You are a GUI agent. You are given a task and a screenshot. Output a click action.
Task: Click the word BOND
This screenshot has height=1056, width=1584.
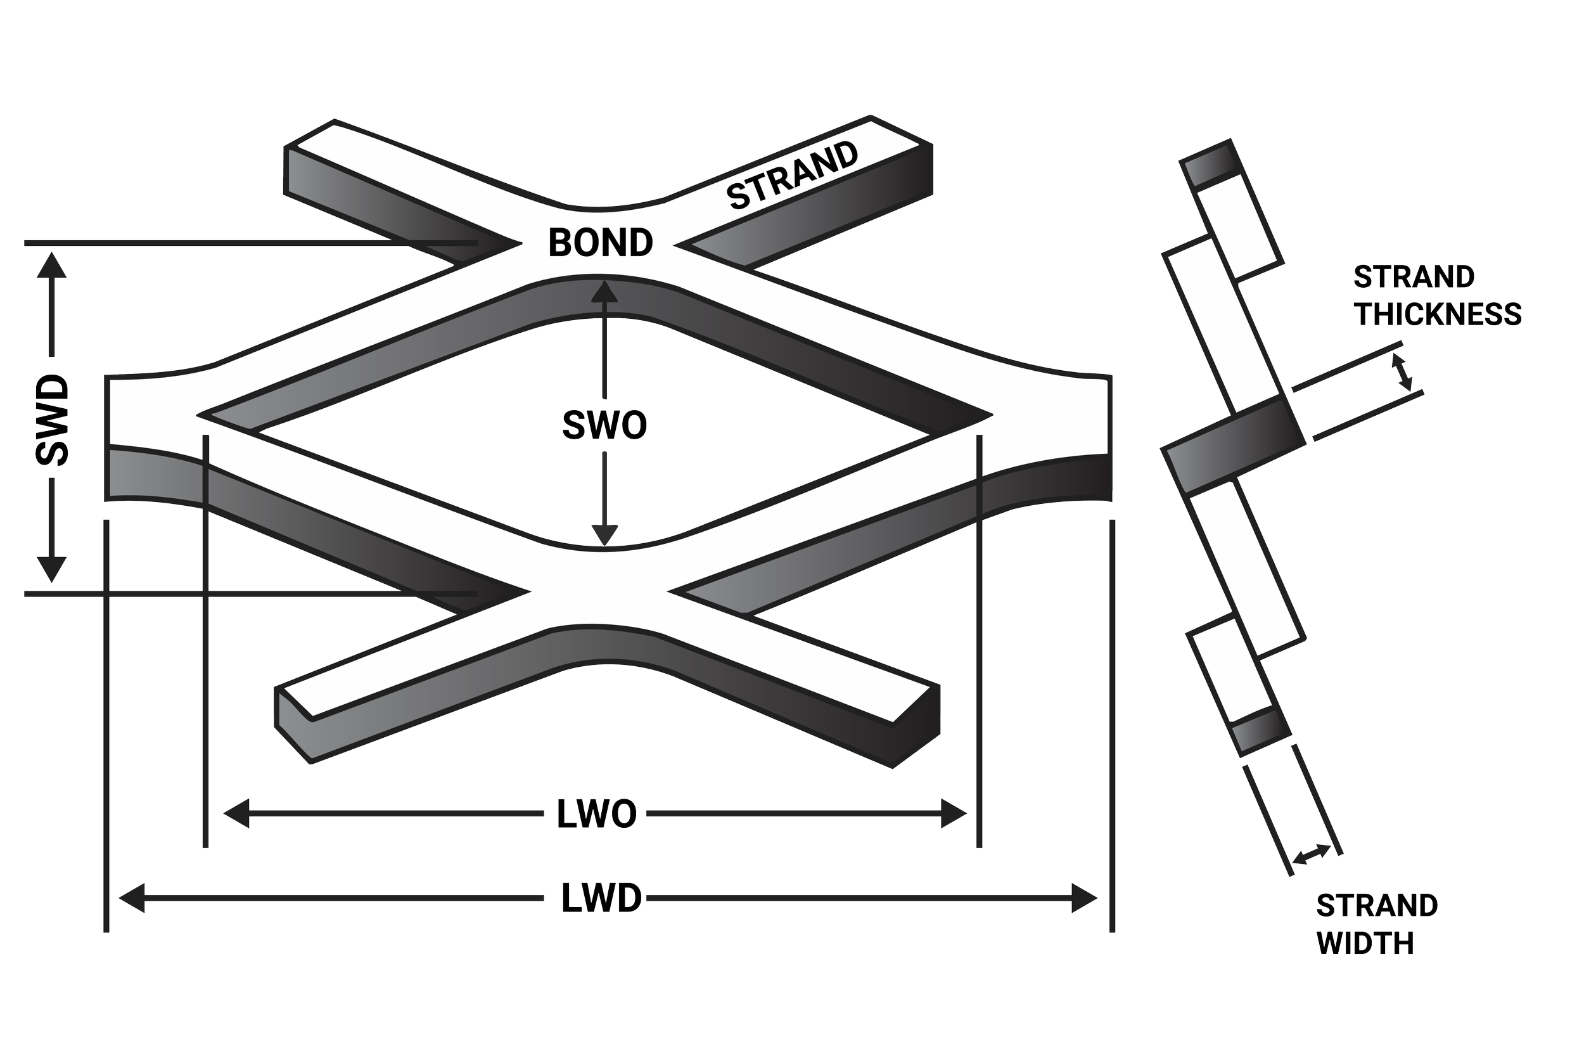(x=601, y=243)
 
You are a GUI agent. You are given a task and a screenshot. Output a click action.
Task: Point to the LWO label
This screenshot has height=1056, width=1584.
(x=596, y=815)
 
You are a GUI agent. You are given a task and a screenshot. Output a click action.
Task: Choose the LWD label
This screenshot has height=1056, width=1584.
(x=601, y=901)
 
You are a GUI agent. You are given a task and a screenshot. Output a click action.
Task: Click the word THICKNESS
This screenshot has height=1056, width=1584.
(x=1438, y=314)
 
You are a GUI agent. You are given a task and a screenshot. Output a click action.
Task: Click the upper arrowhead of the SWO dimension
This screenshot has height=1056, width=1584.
(x=604, y=290)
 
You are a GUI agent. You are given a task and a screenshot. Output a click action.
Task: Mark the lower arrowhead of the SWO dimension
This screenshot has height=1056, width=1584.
(x=604, y=535)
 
